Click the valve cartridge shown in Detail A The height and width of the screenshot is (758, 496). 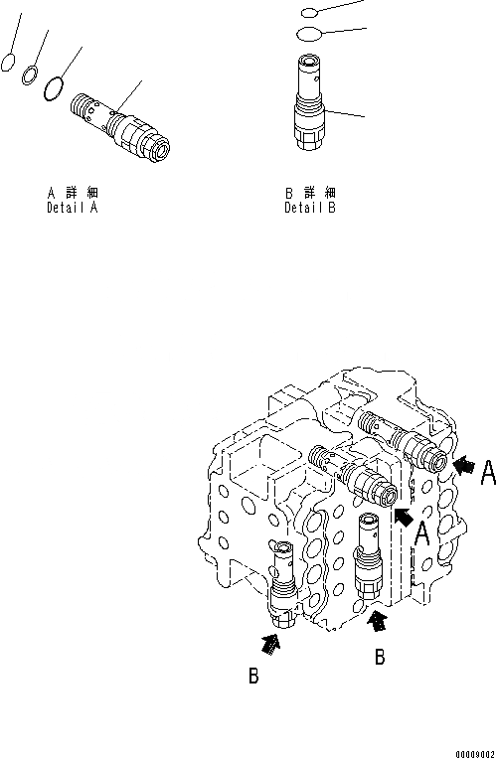pyautogui.click(x=120, y=127)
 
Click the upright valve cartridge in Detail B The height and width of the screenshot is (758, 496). pyautogui.click(x=310, y=102)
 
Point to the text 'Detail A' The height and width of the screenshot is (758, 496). pyautogui.click(x=73, y=209)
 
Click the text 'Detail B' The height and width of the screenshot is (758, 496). pyautogui.click(x=310, y=209)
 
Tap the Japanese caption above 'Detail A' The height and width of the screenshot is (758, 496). pyautogui.click(x=73, y=193)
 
